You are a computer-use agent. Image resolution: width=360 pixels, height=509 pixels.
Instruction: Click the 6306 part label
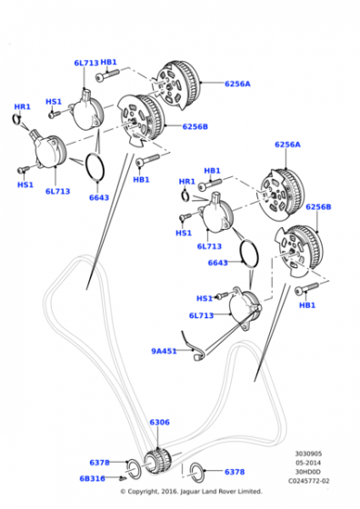[x=159, y=422]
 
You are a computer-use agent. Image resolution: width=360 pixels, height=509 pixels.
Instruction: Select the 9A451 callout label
[x=164, y=351]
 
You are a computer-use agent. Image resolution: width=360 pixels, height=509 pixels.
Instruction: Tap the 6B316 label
[x=93, y=478]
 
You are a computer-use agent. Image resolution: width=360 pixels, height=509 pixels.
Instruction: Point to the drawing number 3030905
[x=308, y=454]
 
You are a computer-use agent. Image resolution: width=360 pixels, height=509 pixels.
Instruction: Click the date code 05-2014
[x=308, y=463]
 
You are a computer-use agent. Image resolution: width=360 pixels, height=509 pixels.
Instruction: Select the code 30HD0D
[x=308, y=472]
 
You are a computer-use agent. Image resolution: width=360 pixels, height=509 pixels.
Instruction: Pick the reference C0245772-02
[x=309, y=481]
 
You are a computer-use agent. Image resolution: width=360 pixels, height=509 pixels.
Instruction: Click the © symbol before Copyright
[x=123, y=492]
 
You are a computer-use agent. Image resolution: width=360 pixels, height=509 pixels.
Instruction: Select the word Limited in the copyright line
[x=251, y=492]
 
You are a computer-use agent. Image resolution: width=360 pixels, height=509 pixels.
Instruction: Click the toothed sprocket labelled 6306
[x=158, y=461]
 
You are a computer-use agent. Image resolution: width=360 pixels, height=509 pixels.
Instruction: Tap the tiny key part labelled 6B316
[x=123, y=478]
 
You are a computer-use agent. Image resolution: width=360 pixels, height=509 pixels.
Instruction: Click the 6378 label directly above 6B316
[x=100, y=463]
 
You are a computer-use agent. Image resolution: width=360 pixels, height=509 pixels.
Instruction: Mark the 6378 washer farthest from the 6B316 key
[x=196, y=472]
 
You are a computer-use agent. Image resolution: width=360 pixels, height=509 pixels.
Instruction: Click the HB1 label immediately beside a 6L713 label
[x=108, y=63]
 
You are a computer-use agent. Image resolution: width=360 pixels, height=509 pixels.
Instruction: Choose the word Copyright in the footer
[x=143, y=492]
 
